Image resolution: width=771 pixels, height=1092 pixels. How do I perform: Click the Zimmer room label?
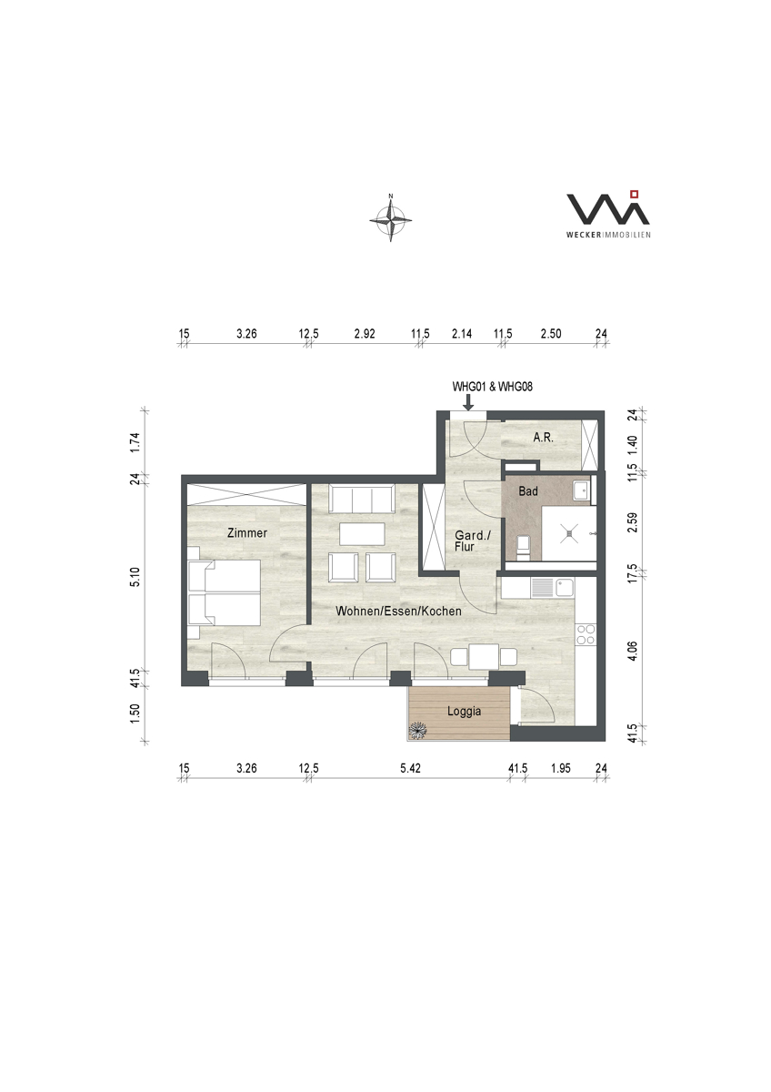[x=247, y=533]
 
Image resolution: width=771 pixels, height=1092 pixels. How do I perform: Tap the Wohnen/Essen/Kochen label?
[x=398, y=611]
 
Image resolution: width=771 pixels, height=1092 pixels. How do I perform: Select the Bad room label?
[x=528, y=490]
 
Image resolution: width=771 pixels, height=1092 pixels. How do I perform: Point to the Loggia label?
[x=465, y=712]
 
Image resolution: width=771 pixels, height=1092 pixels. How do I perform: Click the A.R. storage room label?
[x=543, y=438]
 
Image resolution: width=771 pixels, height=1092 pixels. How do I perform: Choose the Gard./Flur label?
[x=472, y=541]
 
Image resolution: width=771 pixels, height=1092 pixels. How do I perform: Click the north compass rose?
[x=390, y=218]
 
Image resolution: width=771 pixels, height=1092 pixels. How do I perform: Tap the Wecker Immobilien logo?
[x=608, y=214]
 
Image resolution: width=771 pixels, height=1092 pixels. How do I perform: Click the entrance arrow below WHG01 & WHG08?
[x=468, y=401]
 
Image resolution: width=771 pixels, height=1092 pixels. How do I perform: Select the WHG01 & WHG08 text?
[x=493, y=387]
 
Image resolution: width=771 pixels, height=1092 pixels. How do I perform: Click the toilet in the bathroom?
[x=524, y=547]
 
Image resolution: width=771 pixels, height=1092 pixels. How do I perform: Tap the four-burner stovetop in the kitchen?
[x=586, y=635]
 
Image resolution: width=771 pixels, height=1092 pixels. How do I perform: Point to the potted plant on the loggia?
[x=418, y=730]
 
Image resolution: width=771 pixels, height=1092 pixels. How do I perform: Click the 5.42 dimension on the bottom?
[x=410, y=768]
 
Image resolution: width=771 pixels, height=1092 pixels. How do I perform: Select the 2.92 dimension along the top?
[x=365, y=334]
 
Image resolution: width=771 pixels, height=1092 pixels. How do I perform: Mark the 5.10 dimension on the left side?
[x=135, y=577]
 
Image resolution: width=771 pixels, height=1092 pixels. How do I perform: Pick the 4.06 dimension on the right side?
[x=632, y=651]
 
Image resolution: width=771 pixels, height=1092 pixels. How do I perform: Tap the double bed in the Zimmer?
[x=224, y=592]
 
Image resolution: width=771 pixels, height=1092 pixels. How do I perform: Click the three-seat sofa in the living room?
[x=361, y=499]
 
